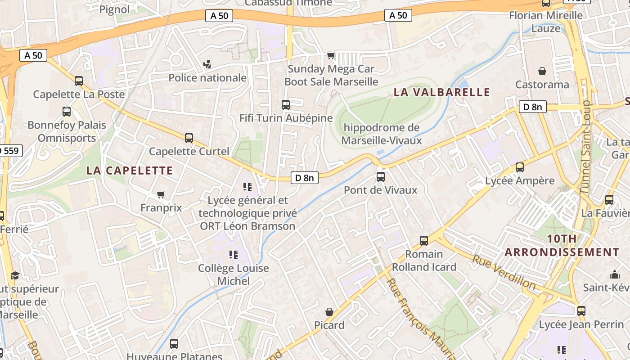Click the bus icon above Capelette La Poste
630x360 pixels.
point(79,81)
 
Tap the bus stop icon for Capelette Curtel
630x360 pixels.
point(189,138)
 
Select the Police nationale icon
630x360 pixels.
point(207,65)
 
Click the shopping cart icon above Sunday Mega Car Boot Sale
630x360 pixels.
point(331,56)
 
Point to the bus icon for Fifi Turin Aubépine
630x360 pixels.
point(286,105)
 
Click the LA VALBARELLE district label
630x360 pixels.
point(441,92)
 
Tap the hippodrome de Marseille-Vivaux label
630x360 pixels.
point(381,134)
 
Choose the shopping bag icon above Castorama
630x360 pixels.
point(542,71)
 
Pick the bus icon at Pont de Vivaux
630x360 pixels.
point(381,177)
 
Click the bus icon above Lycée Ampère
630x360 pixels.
point(520,167)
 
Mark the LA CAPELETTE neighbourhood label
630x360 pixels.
point(130,171)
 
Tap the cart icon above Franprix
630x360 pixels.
point(161,195)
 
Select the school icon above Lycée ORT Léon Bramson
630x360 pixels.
point(247,186)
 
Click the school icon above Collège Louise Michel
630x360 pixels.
point(234,255)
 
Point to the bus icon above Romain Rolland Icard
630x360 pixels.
point(424,241)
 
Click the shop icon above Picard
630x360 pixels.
point(329,312)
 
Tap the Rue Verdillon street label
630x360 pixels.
point(504,272)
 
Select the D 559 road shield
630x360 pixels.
point(10,151)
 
